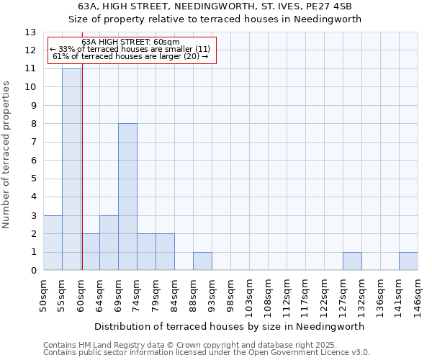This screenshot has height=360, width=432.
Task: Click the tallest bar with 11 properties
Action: point(71,169)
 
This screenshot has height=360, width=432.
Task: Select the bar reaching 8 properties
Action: point(127,197)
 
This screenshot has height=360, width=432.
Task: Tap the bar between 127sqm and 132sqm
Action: point(352,261)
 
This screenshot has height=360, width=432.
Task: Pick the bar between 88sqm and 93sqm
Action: point(202,261)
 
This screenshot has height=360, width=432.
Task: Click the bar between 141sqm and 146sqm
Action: point(408,261)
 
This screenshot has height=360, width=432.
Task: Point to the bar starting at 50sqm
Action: point(53,243)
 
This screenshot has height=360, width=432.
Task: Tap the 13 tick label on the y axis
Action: point(30,32)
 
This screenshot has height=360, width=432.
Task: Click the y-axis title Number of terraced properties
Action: point(6,155)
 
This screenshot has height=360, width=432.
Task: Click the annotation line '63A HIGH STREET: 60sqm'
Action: point(130,42)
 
